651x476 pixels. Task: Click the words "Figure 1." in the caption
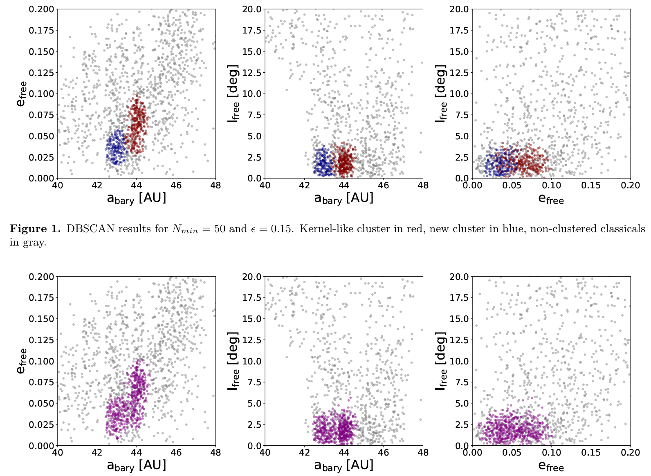[x=35, y=228]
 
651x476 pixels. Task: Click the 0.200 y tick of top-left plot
[x=41, y=9]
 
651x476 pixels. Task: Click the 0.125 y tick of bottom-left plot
[x=41, y=340]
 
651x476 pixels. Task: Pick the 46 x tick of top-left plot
[x=176, y=185]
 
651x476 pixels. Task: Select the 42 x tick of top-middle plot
[x=305, y=185]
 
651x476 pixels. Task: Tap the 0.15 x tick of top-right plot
[x=591, y=185]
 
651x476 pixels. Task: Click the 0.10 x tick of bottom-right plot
[x=551, y=453]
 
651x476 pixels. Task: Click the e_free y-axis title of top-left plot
[x=22, y=94]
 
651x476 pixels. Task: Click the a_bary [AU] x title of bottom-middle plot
[x=343, y=465]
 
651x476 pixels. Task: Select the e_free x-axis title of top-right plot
[x=551, y=199]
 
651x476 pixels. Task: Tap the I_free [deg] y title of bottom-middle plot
[x=233, y=361]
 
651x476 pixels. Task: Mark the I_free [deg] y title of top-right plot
[x=441, y=94]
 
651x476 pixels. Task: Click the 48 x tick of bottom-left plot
[x=215, y=453]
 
